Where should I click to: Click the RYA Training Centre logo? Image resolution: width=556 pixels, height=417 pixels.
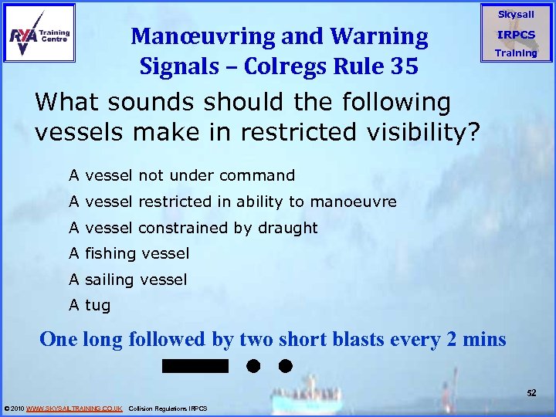39,32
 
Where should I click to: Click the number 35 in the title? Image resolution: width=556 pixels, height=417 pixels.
402,66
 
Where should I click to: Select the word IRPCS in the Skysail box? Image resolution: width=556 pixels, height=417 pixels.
516,35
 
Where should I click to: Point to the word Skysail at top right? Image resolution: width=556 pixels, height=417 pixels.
516,15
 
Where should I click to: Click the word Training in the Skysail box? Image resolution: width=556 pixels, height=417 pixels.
516,53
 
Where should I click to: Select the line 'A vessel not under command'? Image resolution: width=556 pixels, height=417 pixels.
181,175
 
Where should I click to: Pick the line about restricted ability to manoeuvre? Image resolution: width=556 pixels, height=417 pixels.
232,202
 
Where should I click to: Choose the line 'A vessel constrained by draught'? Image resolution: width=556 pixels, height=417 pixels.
193,228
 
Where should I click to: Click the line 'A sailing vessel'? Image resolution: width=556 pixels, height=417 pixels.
128,280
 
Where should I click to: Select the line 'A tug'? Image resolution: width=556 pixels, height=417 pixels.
90,305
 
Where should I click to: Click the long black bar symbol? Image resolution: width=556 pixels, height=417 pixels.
196,365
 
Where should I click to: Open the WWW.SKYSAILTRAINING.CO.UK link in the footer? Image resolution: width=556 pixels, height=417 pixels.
74,408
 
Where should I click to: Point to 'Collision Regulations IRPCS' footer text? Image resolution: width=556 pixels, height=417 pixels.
168,408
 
